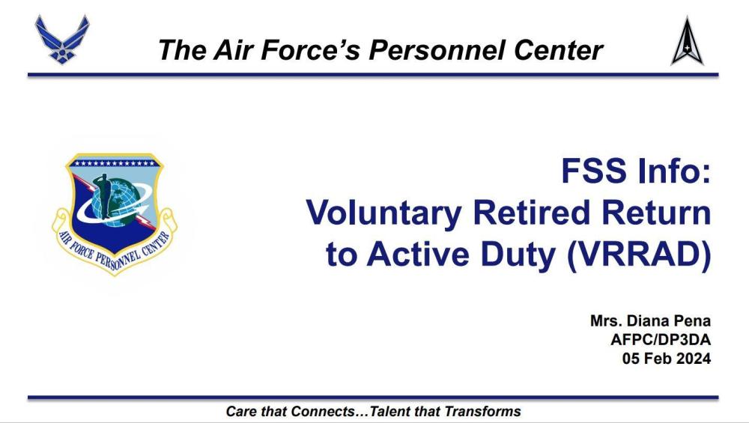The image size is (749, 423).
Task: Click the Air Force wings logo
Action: [62, 39]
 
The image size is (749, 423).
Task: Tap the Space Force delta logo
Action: [688, 41]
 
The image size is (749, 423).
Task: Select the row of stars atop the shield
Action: [115, 163]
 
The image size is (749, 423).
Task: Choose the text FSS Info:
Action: [636, 171]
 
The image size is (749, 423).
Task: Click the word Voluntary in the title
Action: [384, 214]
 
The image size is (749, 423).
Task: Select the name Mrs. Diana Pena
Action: [650, 320]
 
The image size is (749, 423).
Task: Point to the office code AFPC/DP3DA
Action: [661, 339]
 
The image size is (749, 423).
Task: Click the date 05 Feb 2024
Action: [667, 358]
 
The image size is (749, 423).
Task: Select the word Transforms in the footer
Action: [482, 411]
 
